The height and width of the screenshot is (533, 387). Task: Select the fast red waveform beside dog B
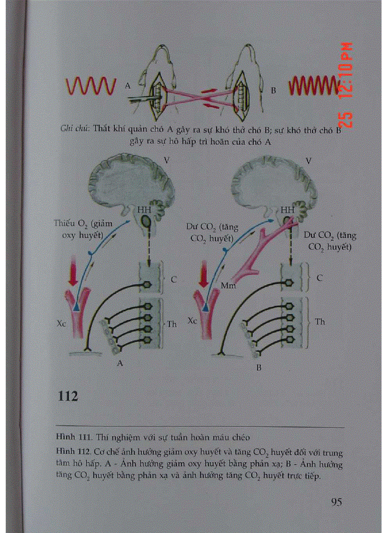click(312, 86)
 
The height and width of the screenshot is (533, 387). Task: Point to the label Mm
click(228, 285)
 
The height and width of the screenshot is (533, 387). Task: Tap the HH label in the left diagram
click(142, 209)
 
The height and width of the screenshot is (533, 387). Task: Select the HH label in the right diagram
click(286, 209)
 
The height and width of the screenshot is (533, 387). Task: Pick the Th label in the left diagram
click(172, 324)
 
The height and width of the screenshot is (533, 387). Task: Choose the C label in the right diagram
click(319, 279)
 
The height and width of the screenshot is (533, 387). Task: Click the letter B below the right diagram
click(258, 367)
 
